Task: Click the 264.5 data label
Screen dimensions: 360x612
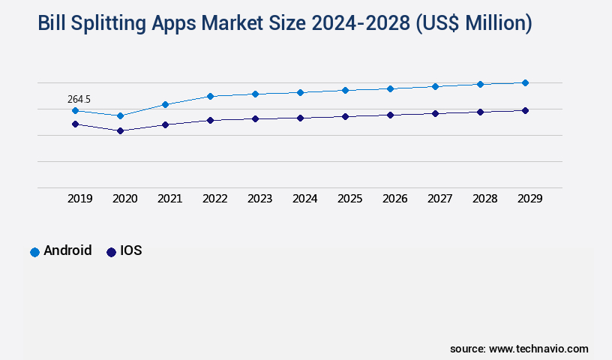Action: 79,99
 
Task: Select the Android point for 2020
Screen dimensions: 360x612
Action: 120,115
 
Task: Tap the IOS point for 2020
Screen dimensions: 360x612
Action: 120,130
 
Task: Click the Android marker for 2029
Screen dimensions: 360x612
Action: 525,82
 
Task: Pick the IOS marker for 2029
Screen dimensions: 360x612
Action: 525,110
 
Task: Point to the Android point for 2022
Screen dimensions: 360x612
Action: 210,96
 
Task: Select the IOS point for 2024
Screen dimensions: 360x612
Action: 300,118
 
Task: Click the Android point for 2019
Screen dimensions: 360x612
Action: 75,110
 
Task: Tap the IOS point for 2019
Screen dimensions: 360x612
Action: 75,124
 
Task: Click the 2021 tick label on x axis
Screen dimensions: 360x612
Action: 169,199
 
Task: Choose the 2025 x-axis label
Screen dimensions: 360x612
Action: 349,199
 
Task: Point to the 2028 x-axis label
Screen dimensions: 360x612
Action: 484,199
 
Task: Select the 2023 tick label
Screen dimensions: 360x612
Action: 259,199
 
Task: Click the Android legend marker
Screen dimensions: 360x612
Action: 34,252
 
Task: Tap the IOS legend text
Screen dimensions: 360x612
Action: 130,251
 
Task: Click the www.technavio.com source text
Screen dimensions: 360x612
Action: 538,349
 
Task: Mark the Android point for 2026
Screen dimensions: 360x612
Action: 390,88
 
